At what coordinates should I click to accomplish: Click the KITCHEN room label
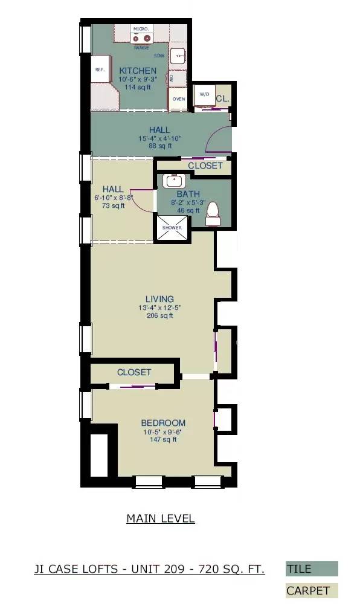[x=138, y=71]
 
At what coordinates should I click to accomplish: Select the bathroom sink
[x=174, y=181]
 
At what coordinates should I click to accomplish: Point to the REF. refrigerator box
[x=100, y=69]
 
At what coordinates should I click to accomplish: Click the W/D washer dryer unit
[x=204, y=95]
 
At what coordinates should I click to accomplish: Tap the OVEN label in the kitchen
[x=179, y=98]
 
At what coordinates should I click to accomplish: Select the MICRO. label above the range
[x=141, y=28]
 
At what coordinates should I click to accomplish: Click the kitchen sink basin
[x=179, y=56]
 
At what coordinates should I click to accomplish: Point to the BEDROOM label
[x=163, y=423]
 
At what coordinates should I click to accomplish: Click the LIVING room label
[x=160, y=299]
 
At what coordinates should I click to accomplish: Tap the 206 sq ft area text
[x=160, y=315]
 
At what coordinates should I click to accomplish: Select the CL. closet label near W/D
[x=222, y=98]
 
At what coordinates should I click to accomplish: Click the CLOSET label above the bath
[x=205, y=166]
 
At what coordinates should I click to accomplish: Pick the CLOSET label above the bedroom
[x=134, y=372]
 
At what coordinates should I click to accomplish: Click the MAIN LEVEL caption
[x=161, y=518]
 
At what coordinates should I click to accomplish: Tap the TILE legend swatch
[x=312, y=569]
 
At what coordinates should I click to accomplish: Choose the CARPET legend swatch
[x=312, y=591]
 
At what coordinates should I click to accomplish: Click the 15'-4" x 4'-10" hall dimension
[x=159, y=138]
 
